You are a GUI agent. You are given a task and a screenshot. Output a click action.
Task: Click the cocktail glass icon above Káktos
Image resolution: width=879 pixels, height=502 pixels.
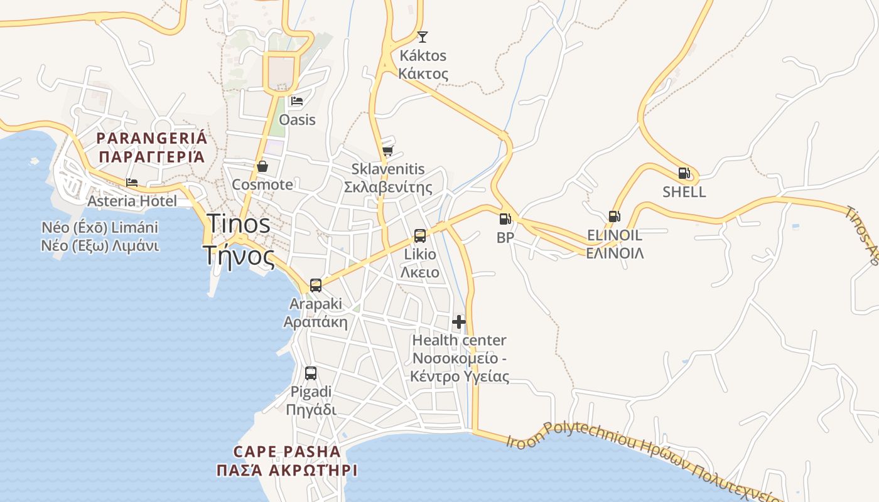423,37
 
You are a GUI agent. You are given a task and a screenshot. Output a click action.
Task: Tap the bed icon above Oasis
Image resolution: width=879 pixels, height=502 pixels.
297,100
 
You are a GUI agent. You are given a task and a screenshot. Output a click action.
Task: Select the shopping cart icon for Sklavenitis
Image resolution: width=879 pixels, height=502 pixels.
388,151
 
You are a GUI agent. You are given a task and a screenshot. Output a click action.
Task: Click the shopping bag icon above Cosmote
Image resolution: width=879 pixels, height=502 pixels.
262,166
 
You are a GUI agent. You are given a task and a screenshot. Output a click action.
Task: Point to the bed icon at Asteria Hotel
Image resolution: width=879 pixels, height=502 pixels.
132,183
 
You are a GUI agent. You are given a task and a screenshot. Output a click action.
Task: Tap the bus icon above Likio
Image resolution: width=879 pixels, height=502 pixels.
420,236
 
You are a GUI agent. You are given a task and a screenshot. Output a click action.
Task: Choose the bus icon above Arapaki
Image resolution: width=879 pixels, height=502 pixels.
316,286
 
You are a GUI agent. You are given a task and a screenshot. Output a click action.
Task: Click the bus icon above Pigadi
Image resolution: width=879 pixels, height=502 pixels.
311,373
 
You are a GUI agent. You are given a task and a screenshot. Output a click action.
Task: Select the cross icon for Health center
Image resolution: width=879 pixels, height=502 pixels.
459,322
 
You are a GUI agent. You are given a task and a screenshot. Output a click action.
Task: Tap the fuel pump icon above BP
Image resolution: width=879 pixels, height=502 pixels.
505,219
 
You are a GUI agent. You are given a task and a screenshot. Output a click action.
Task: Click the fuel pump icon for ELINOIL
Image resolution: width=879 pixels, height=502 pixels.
614,216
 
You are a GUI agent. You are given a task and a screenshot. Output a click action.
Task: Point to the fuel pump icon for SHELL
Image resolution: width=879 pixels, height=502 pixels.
684,173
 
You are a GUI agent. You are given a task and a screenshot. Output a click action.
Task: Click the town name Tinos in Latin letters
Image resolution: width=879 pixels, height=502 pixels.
239,224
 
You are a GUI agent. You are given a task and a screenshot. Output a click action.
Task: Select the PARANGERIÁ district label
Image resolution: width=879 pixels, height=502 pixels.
151,138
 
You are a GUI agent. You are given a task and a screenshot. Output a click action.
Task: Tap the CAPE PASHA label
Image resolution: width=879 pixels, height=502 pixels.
287,451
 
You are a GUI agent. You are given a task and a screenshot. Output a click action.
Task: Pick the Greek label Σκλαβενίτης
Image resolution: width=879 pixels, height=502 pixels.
388,188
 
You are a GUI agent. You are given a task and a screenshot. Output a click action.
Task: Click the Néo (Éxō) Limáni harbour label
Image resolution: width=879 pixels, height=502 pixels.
100,227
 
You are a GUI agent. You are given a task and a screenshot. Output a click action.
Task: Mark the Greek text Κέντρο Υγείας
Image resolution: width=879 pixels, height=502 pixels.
460,376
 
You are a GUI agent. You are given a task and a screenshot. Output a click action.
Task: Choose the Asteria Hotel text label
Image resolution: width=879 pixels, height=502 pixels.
132,201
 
